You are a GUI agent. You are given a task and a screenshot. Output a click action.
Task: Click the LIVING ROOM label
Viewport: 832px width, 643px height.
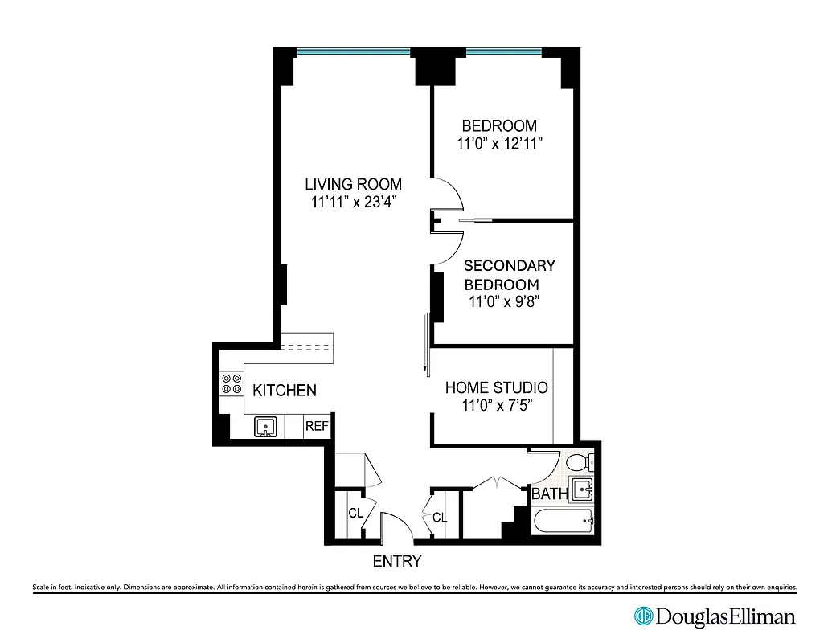click(353, 184)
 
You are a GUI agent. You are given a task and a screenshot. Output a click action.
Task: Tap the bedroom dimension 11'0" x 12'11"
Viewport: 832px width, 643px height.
click(498, 144)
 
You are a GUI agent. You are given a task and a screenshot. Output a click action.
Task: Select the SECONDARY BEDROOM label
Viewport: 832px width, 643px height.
click(509, 275)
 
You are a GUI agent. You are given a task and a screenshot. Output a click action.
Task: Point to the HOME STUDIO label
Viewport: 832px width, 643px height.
click(497, 387)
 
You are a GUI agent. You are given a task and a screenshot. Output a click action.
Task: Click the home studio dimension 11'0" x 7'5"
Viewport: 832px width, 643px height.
click(497, 406)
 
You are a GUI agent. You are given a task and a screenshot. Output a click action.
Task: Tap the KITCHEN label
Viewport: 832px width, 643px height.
click(285, 391)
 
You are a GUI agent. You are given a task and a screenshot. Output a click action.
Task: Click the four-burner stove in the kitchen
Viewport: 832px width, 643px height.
click(232, 384)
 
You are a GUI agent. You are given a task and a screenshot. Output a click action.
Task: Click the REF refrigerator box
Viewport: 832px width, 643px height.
click(316, 427)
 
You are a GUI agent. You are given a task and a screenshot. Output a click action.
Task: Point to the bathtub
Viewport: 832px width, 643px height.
click(564, 521)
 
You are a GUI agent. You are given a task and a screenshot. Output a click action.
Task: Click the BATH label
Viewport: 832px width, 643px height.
click(550, 494)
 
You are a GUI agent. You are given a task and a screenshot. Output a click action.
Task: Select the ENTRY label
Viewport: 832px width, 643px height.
click(396, 561)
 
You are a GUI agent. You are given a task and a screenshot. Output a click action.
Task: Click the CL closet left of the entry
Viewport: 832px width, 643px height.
click(354, 513)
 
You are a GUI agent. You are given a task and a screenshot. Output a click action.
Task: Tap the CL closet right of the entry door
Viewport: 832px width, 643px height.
click(439, 518)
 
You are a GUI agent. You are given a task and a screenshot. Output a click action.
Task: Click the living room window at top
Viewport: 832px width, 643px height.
click(353, 53)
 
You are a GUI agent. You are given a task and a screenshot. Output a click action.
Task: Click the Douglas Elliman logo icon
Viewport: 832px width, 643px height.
click(644, 616)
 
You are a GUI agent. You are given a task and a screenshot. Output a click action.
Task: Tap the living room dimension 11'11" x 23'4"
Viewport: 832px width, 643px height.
click(355, 203)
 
